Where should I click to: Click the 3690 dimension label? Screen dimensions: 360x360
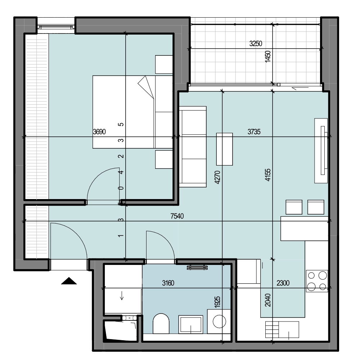click(99, 132)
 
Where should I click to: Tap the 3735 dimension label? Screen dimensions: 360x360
click(254, 132)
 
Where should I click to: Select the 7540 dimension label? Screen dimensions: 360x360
click(177, 216)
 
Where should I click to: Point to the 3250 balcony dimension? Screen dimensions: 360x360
click(256, 44)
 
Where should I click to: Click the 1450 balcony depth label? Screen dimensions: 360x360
click(268, 57)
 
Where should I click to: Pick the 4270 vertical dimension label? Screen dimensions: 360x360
click(217, 177)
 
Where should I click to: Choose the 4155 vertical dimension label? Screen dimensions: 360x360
click(268, 175)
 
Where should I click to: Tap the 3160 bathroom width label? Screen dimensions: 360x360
click(168, 283)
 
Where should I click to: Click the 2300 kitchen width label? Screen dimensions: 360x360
click(283, 283)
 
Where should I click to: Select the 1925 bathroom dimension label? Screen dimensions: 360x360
click(217, 302)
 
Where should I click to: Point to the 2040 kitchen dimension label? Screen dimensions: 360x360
click(268, 300)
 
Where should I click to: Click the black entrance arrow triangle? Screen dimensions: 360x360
click(69, 281)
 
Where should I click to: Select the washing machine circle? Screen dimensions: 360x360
click(220, 321)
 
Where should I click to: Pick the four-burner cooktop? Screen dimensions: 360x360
click(317, 281)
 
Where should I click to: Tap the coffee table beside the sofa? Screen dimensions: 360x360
click(225, 149)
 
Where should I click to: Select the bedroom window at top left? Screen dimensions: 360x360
click(56, 27)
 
